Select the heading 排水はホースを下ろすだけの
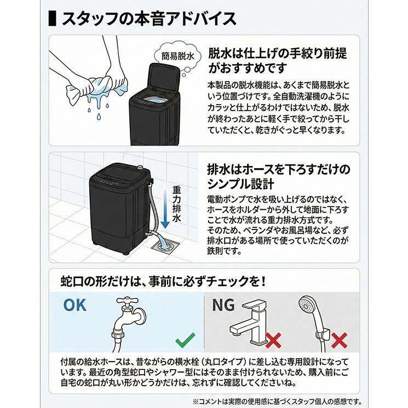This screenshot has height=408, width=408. pyautogui.click(x=278, y=168)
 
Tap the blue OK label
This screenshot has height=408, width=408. pyautogui.click(x=74, y=304)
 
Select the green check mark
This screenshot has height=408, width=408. pyautogui.click(x=185, y=342)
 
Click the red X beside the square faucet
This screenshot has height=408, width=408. pyautogui.click(x=273, y=340)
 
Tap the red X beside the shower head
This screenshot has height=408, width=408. pyautogui.click(x=339, y=340)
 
